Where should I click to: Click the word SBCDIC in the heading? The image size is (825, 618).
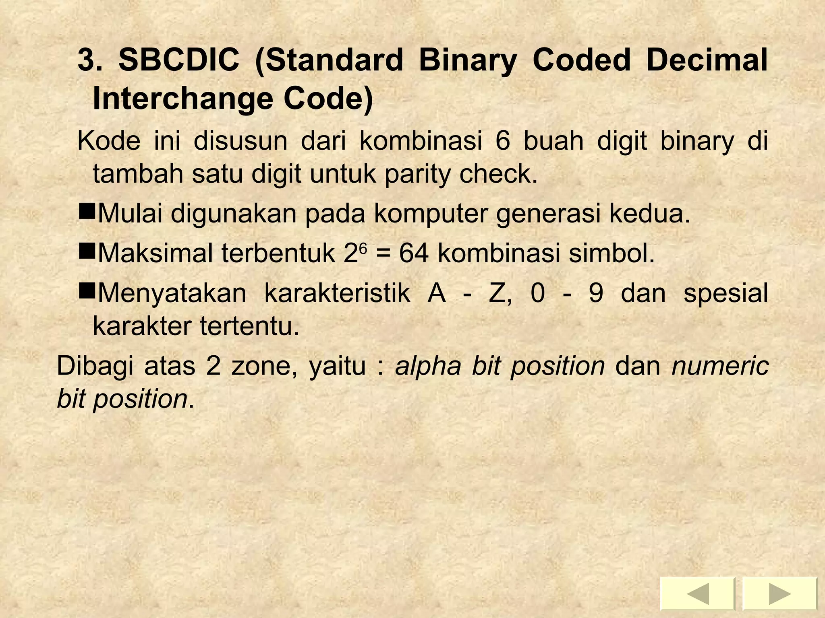[178, 60]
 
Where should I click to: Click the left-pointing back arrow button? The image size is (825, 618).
[697, 594]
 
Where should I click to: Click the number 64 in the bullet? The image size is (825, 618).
[414, 254]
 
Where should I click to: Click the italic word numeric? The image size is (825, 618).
[720, 366]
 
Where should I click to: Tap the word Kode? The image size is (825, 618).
[109, 141]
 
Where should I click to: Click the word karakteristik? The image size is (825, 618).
[337, 293]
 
